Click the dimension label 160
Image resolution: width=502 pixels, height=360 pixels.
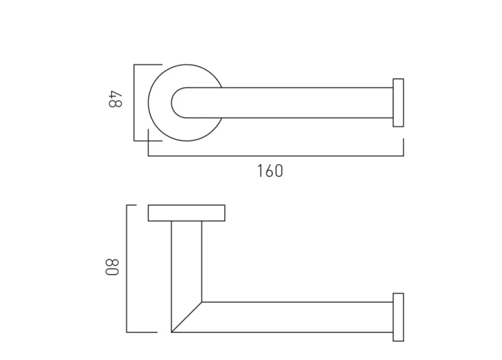[270, 170]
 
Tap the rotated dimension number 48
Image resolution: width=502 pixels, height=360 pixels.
[115, 98]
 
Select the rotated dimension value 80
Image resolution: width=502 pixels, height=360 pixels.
[112, 268]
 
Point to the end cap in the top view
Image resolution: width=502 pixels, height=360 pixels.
[398, 103]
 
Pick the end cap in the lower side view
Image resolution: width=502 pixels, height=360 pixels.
[398, 317]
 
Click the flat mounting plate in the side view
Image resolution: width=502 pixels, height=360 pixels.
[186, 212]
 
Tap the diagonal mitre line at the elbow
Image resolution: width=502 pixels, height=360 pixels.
[187, 317]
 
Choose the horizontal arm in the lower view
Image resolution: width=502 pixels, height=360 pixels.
[295, 317]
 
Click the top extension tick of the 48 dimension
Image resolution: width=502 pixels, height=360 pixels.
[148, 65]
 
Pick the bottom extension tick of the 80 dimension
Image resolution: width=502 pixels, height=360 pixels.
[142, 332]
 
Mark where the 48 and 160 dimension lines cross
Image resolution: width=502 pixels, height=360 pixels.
[148, 140]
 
